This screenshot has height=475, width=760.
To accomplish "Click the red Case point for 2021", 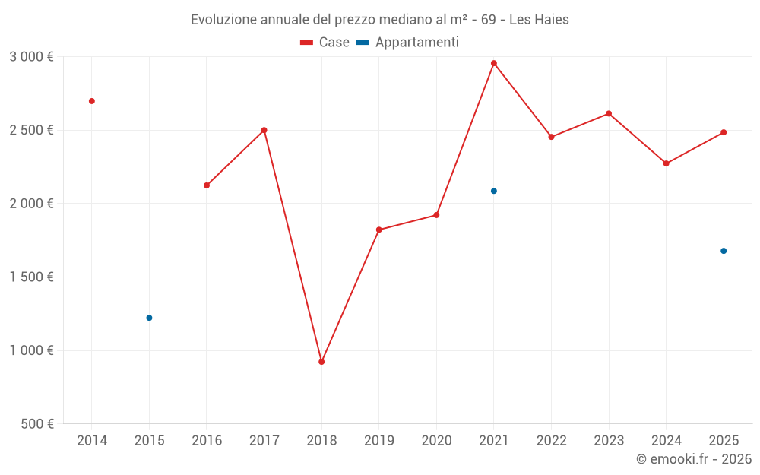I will [494, 63].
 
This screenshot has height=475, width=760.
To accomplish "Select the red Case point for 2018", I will [321, 362].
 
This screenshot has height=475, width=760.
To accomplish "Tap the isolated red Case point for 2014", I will [92, 101].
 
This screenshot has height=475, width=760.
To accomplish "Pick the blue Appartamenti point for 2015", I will [149, 318].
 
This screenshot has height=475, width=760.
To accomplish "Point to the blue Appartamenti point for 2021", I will [494, 191].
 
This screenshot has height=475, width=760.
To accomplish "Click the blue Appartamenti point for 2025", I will [724, 251].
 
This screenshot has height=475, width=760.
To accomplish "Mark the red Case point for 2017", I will [264, 130].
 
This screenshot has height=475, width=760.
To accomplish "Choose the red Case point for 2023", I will [609, 114].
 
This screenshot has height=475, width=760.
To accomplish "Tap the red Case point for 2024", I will [667, 163].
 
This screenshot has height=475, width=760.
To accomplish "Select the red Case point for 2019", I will [379, 230].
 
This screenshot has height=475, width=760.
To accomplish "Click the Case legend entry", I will [325, 43].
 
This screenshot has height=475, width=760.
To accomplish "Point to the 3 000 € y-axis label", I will [31, 57].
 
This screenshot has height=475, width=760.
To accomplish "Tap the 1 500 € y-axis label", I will [31, 277].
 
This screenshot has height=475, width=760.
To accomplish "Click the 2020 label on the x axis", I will [436, 441].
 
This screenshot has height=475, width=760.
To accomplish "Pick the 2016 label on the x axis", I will [207, 441].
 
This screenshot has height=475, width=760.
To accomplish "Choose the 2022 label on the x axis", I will [551, 441].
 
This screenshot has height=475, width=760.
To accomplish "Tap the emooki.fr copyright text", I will [694, 459].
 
